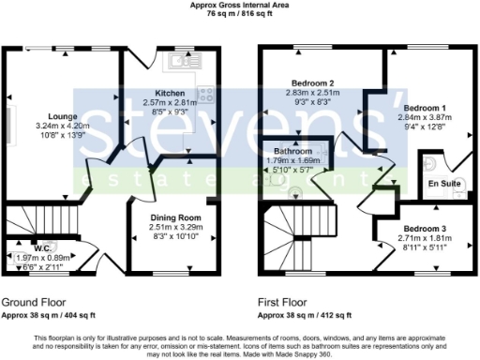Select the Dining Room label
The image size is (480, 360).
click(x=176, y=217)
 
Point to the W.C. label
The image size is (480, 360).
click(x=43, y=248)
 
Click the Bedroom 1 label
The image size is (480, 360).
click(x=425, y=109)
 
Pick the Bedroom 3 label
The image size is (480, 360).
click(x=425, y=229)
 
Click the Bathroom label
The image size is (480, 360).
click(x=293, y=151)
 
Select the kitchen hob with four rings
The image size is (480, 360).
click(x=206, y=94)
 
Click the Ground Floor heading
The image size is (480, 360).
click(x=34, y=303)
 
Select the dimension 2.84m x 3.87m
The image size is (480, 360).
click(x=426, y=119)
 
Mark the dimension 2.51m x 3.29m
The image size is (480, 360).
click(x=176, y=227)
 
